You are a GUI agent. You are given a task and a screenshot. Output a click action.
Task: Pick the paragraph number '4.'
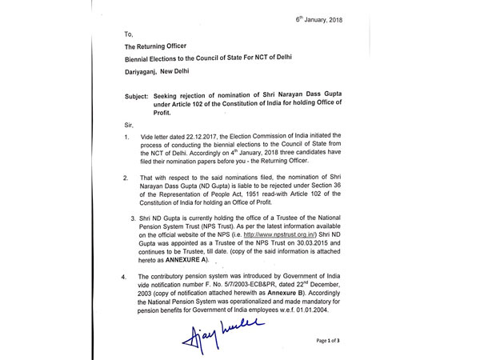(124, 277)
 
